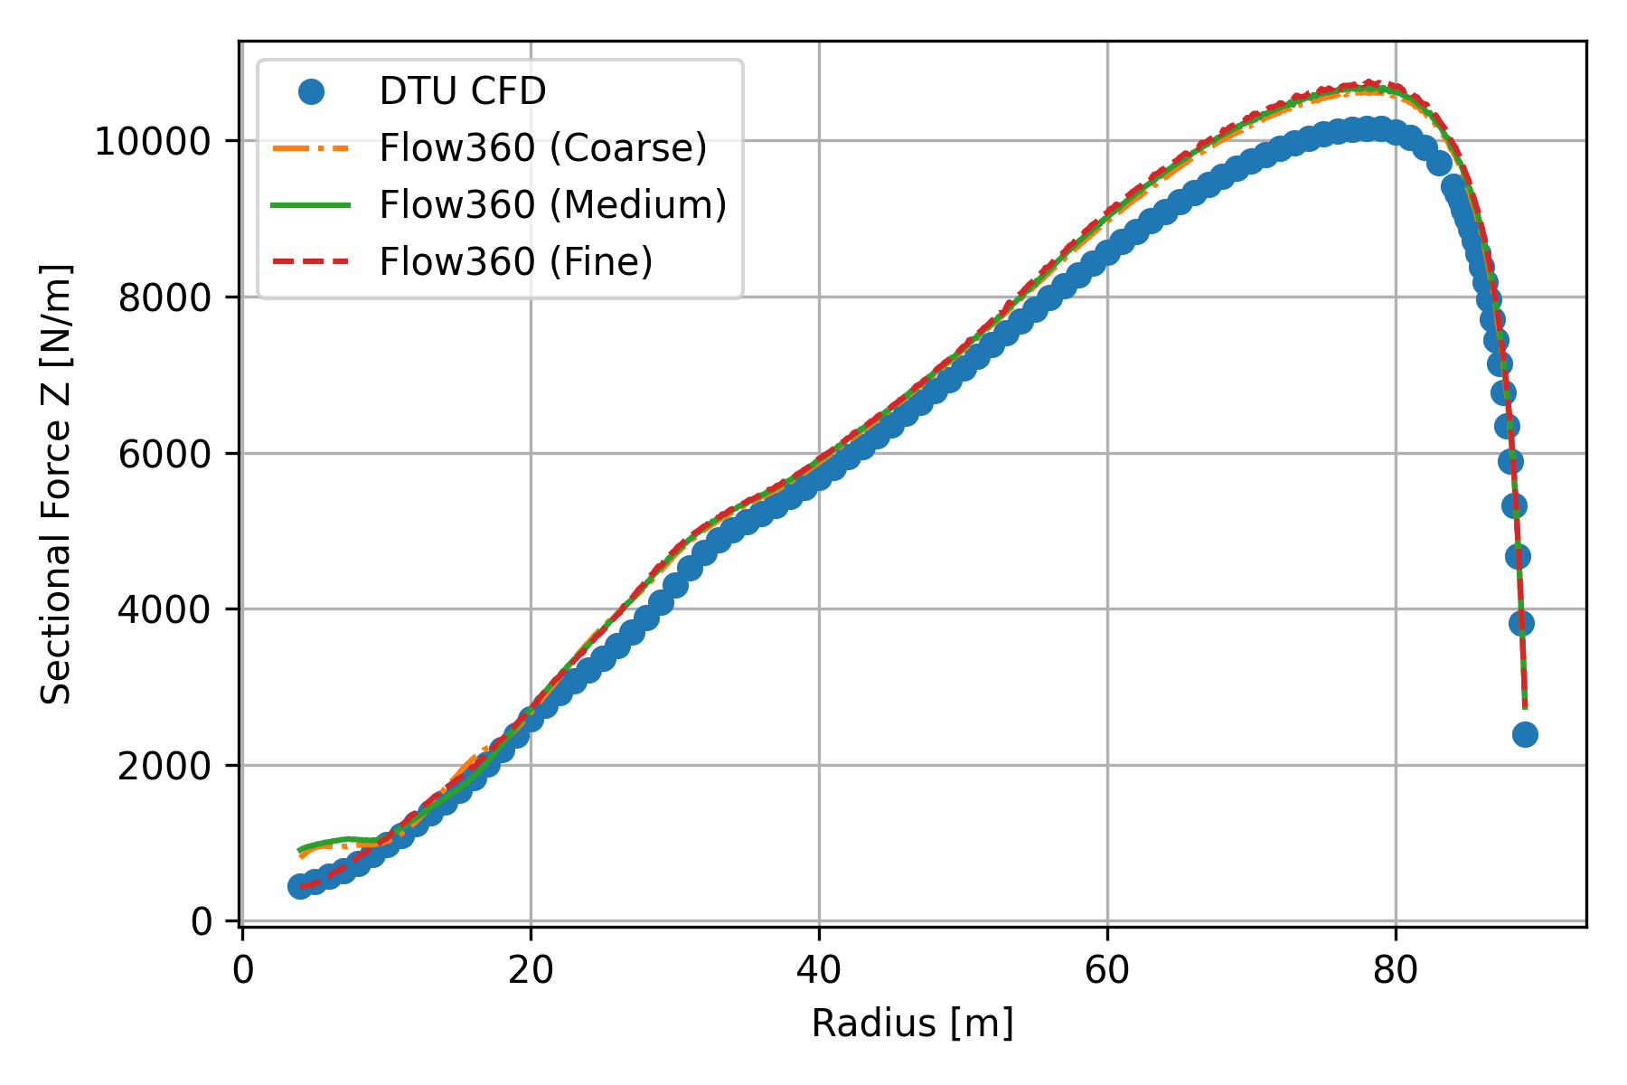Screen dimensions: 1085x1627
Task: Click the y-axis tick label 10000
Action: [x=154, y=142]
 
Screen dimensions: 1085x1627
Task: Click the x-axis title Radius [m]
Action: [x=912, y=1024]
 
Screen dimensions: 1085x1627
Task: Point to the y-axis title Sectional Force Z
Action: [x=57, y=484]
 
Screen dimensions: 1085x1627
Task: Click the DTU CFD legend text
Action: [x=463, y=91]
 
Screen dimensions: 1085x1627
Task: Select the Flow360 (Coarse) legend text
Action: [x=543, y=148]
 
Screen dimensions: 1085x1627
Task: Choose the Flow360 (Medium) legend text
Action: [x=553, y=205]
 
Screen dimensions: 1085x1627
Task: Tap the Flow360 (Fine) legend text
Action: [x=516, y=262]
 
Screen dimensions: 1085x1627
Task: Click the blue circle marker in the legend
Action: [x=311, y=91]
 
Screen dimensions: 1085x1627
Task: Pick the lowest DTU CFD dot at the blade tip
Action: [x=1525, y=734]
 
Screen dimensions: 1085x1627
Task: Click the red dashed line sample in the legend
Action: [x=311, y=262]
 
